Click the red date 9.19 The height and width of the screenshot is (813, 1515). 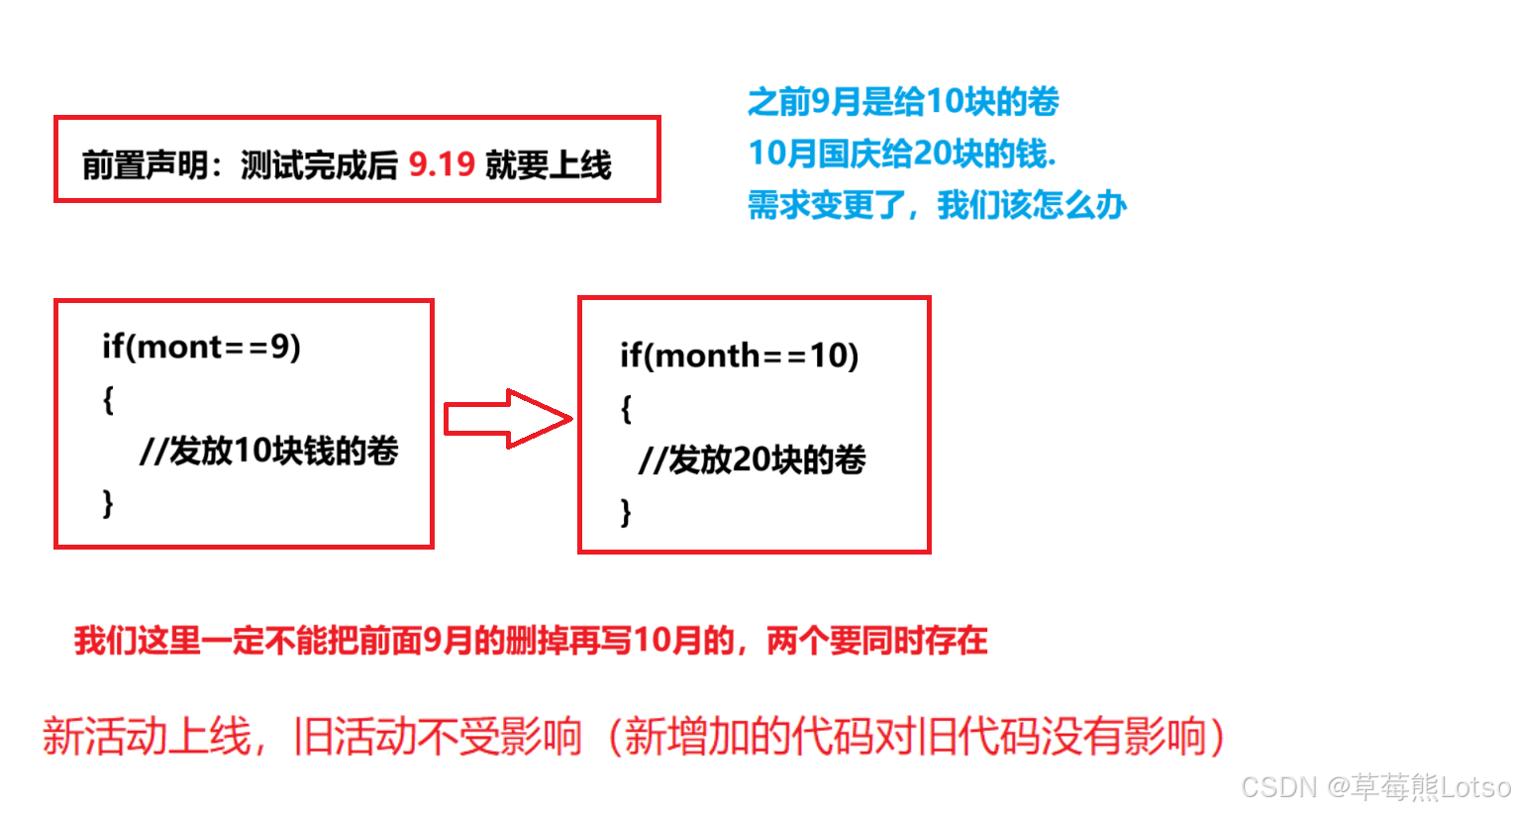point(442,164)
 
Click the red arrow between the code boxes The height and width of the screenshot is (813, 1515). point(507,419)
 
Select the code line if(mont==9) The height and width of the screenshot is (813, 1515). point(201,347)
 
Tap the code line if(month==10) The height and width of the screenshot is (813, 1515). point(739,356)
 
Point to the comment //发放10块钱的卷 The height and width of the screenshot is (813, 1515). point(269,451)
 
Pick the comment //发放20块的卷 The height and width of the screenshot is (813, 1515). point(753,459)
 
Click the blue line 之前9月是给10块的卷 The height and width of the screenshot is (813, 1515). point(903,101)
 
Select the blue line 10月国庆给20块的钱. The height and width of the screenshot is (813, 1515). point(902,153)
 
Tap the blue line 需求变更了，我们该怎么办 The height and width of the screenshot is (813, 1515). point(937,205)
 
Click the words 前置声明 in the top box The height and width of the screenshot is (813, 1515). point(145,164)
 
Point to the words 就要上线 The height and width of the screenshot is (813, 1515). point(549,164)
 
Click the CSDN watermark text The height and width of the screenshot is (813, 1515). point(1375,787)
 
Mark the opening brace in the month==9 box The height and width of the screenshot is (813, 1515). point(108,399)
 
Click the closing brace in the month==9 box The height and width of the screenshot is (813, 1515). point(108,503)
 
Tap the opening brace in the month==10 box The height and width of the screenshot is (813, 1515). point(626,408)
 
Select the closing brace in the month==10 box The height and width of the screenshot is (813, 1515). point(626,512)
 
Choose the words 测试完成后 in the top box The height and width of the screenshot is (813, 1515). point(319,164)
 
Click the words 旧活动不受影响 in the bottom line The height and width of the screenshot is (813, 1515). point(438,737)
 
